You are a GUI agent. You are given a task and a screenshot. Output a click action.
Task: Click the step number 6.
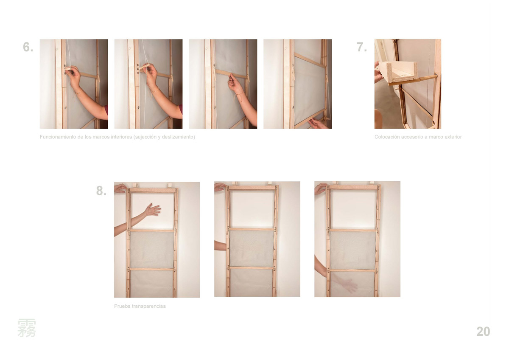pos(28,47)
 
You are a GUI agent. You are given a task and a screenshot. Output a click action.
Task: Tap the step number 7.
pos(362,47)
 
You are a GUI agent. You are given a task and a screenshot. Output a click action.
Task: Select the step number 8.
pos(101,191)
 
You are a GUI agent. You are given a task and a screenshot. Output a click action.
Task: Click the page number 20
pos(483,332)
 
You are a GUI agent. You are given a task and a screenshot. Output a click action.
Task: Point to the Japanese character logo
pos(27,328)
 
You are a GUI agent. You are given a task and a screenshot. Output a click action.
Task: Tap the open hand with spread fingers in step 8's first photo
pos(153,209)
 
